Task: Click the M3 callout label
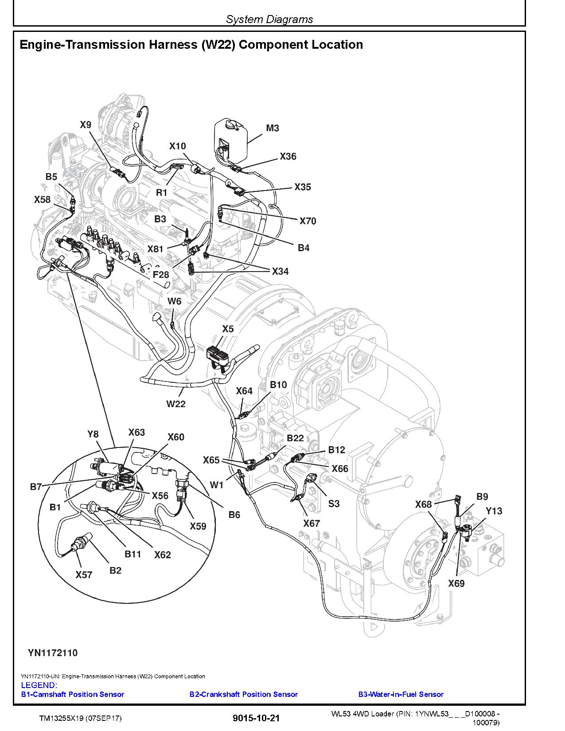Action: [273, 128]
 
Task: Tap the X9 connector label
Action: [86, 125]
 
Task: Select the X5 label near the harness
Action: [228, 329]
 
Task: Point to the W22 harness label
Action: [176, 404]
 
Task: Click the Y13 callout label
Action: [494, 511]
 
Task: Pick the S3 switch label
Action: [334, 503]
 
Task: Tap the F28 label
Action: [161, 275]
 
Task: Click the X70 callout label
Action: [308, 221]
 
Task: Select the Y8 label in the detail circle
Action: [93, 434]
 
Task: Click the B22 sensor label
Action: [295, 438]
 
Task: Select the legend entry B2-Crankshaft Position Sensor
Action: [243, 694]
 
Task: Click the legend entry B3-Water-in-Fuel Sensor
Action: [401, 694]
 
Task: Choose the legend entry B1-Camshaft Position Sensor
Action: [73, 694]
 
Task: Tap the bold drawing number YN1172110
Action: [53, 653]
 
